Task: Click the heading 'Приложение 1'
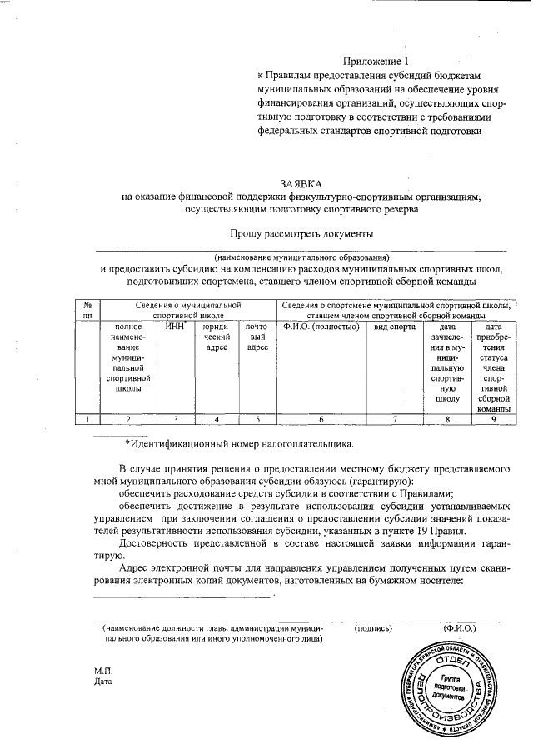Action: (x=378, y=61)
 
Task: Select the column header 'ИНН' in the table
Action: (x=174, y=326)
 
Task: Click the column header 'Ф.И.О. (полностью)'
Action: (x=321, y=327)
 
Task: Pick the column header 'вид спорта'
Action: (x=394, y=327)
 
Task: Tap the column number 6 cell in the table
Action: (x=321, y=419)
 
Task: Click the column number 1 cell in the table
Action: (x=87, y=419)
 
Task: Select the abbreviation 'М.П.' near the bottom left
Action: (x=103, y=670)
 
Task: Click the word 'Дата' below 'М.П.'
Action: (x=103, y=681)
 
